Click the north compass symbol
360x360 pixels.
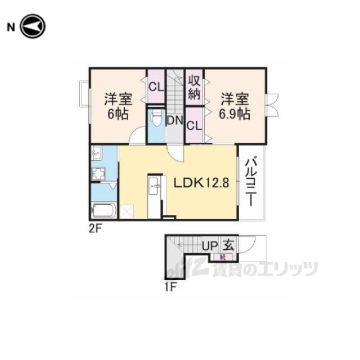coord(33,26)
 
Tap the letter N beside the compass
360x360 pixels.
coord(11,28)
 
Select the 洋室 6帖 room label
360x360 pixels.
coord(118,106)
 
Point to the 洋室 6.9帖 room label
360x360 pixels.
coord(235,106)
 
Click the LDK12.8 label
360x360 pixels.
coord(201,183)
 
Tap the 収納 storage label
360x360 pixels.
coord(194,87)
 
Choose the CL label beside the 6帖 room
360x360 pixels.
coord(156,87)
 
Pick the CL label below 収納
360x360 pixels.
coord(194,126)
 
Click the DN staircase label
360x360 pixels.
coord(175,120)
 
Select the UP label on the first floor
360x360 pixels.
coord(210,246)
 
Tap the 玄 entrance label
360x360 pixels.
coord(229,245)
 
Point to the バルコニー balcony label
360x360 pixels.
coord(251,181)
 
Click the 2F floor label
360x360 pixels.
coord(95,228)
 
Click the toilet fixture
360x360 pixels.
coord(156,118)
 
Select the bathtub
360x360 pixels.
coord(103,210)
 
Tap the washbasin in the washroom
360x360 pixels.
coord(97,153)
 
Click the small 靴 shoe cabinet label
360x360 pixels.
coord(223,257)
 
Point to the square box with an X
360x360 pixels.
coord(127,211)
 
